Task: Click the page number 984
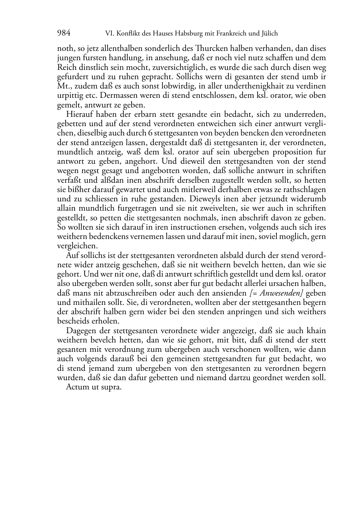point(63,34)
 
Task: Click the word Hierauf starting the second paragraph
point(80,115)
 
